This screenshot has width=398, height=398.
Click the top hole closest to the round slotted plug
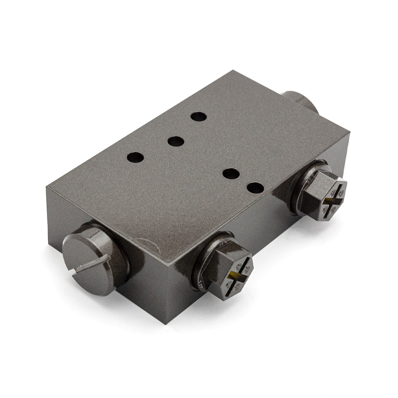click(x=135, y=158)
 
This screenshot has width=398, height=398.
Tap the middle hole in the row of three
click(x=175, y=141)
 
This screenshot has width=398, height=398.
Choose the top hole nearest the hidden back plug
click(x=198, y=117)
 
